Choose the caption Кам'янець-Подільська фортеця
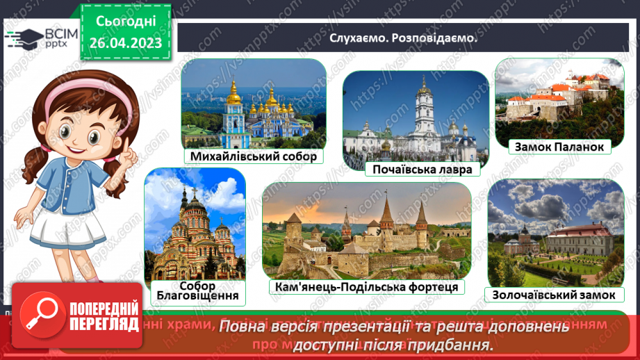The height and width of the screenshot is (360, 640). tap(366, 287)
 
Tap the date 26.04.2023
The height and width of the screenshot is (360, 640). tap(126, 43)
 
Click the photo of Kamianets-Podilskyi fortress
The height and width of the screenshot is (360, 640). tap(366, 229)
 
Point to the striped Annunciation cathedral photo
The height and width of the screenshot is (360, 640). tap(195, 222)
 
